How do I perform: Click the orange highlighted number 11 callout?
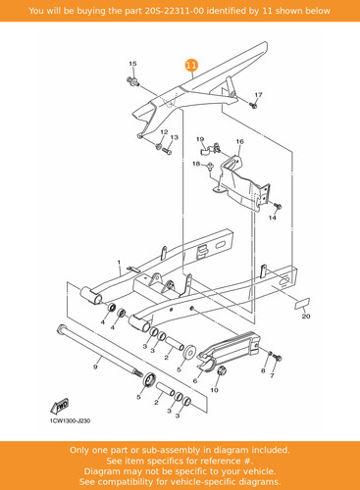pos(191,65)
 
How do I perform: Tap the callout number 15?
pos(132,64)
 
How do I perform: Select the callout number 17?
pos(258,95)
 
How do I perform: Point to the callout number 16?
pos(239,141)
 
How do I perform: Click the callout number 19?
pos(200,139)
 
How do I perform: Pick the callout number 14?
pos(273,218)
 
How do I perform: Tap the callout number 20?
pos(306,317)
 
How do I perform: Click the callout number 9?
pos(95,367)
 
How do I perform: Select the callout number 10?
pos(214,390)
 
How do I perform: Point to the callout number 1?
pos(119,263)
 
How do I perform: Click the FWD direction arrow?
pos(60,406)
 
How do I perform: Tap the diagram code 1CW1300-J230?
pos(70,421)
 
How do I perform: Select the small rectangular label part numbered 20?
pos(302,303)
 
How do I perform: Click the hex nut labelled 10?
pos(222,371)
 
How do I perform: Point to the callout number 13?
pos(175,137)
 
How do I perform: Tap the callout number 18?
pos(196,164)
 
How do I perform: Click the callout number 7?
pos(272,375)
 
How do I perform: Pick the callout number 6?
pos(195,381)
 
